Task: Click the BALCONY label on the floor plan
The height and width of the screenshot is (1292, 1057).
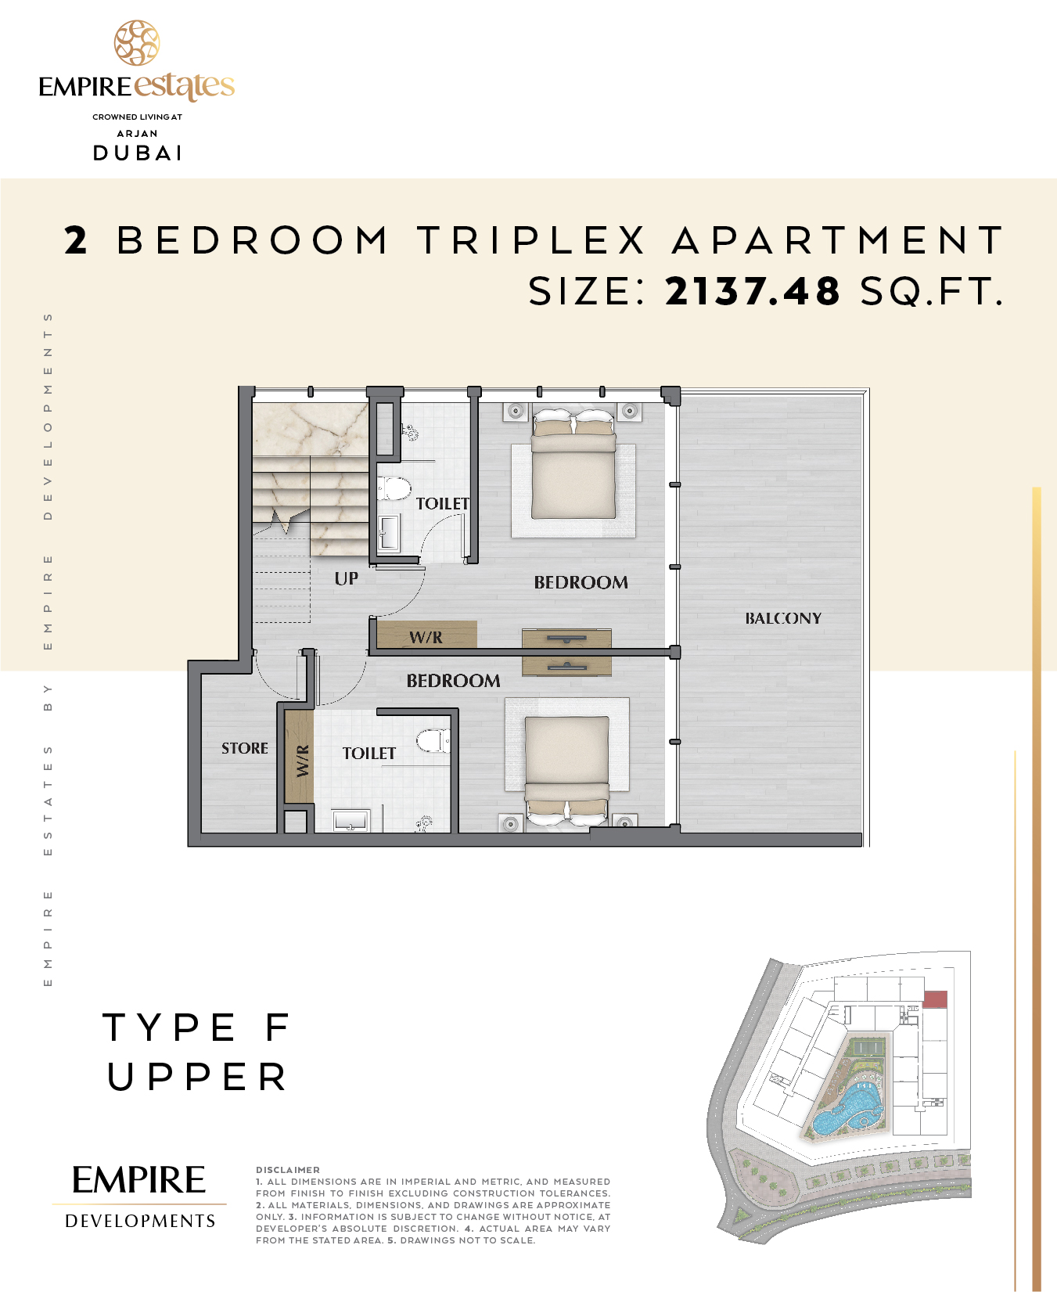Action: point(783,618)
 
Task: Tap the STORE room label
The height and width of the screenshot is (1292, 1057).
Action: point(245,748)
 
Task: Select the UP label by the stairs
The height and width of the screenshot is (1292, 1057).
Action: point(347,578)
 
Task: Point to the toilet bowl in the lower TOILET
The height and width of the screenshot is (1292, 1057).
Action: point(433,740)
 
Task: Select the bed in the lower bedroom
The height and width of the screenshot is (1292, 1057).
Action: point(567,771)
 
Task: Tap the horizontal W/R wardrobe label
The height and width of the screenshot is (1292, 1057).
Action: point(426,637)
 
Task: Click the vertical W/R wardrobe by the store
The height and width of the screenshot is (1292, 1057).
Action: point(299,755)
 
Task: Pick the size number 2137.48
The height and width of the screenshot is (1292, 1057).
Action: point(753,291)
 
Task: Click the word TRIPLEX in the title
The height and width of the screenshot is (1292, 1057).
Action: point(531,239)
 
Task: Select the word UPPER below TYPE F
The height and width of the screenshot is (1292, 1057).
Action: point(197,1077)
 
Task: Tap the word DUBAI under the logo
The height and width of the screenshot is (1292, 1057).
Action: point(138,153)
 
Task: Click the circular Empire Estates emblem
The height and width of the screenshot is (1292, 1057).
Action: point(137,43)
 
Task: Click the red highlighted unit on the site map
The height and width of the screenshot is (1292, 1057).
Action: point(935,999)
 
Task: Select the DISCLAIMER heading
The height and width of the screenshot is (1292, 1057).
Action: point(288,1170)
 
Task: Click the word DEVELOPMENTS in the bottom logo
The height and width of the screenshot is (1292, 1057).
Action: point(140,1221)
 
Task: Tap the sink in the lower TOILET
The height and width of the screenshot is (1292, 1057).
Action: point(351,820)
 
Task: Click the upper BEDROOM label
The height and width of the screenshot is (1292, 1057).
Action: point(581,582)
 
